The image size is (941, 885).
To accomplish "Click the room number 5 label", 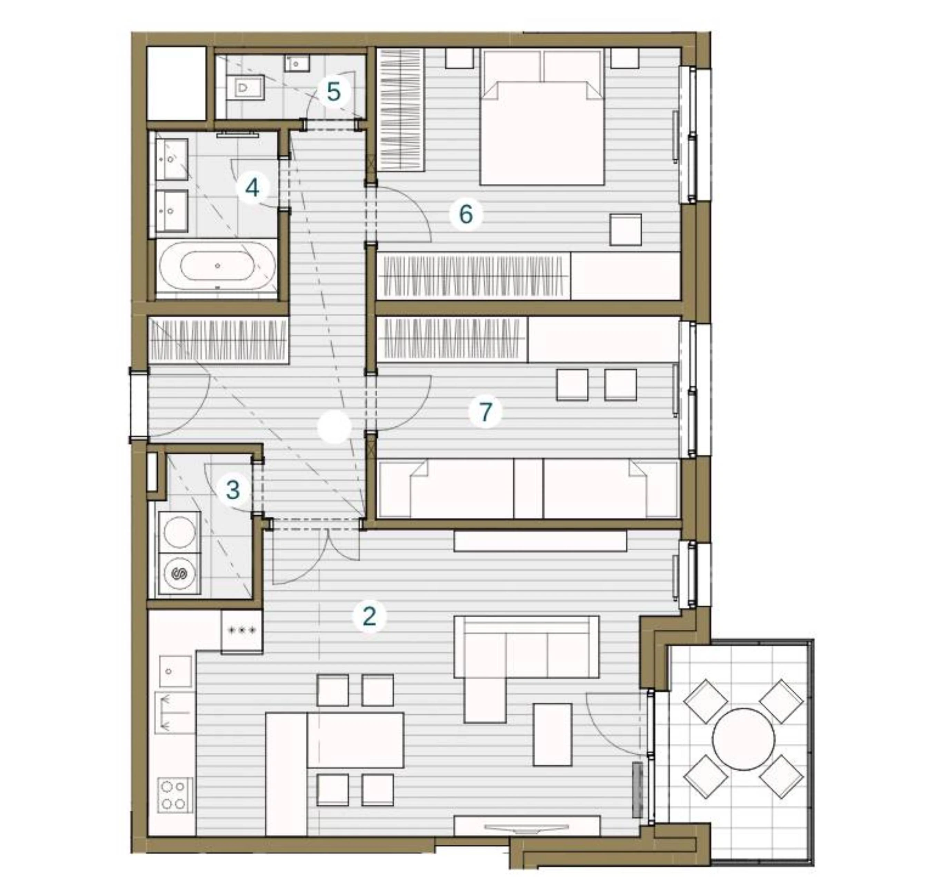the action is [334, 92].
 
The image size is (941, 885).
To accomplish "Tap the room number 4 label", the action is [252, 187].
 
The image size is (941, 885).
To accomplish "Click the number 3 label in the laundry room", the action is [233, 490].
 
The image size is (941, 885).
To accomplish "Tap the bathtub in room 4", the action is [218, 266].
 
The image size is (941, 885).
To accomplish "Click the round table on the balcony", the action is [744, 739].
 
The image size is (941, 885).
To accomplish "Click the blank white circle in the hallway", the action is [334, 427].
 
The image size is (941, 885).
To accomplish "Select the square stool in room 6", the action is [626, 230].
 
